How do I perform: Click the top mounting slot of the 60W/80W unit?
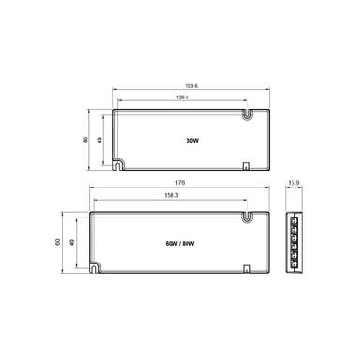(x=247, y=217)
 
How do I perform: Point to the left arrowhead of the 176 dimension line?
(x=91, y=191)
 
